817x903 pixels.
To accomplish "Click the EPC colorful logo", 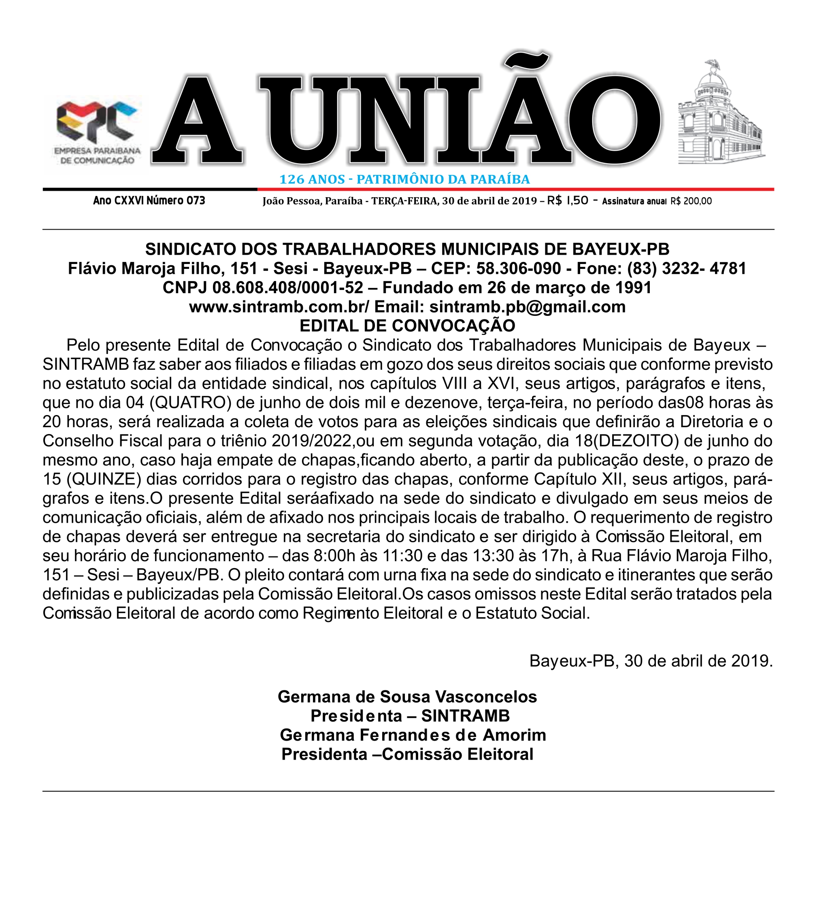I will point(96,121).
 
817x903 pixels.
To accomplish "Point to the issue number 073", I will point(196,201).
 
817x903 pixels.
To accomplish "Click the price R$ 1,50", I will point(568,201).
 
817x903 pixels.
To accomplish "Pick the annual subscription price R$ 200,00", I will point(691,201).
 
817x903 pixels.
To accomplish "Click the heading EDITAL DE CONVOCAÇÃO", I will point(407,326).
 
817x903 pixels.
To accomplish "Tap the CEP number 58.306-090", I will point(518,268).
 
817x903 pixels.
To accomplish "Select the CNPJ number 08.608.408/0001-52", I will point(287,288).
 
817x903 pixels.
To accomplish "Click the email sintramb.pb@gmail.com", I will point(527,307).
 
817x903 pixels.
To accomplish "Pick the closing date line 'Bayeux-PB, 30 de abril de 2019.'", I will point(651,661).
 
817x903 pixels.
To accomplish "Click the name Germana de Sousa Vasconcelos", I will point(407,697).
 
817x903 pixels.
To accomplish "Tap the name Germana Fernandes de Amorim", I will point(413,735).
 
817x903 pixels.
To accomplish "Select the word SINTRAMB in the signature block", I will point(466,716).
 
